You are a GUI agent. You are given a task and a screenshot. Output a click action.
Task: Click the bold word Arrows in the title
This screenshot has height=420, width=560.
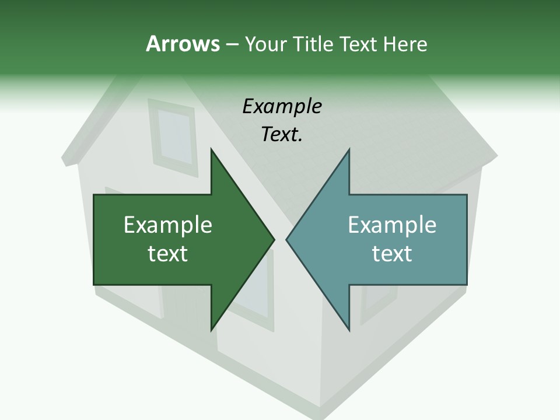coord(182,44)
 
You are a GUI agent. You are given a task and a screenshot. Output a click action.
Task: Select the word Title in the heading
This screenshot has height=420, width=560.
coord(315,44)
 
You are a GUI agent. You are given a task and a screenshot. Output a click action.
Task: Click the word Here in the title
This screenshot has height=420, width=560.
coord(405,44)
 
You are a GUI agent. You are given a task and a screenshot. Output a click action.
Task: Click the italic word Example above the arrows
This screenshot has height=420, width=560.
coord(282,107)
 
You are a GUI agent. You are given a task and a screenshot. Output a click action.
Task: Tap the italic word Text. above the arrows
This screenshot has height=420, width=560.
coord(282,135)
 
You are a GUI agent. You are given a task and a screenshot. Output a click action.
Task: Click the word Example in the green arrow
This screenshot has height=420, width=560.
coord(168,225)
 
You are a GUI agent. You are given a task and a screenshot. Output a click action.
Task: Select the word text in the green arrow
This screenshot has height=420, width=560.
coord(168,253)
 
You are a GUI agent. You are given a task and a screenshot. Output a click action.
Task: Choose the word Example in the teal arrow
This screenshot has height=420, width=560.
coord(392,225)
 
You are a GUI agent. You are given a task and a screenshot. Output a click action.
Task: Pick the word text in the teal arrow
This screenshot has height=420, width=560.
coord(392,253)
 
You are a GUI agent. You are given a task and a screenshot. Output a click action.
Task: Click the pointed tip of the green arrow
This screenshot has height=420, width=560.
coord(274,239)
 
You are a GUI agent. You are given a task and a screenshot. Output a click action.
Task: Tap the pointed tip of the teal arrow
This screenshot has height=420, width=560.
coord(286,239)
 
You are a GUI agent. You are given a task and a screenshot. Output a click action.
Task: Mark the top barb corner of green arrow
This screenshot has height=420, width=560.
coord(211,149)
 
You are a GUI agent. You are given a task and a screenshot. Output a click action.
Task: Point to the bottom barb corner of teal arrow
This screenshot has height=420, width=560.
coord(349,330)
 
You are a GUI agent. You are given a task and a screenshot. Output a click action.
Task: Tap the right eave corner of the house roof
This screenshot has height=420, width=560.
coord(498,156)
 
